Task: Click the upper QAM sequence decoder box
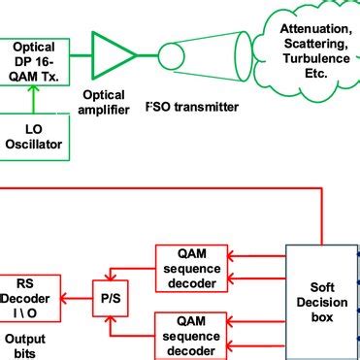[x=194, y=266]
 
